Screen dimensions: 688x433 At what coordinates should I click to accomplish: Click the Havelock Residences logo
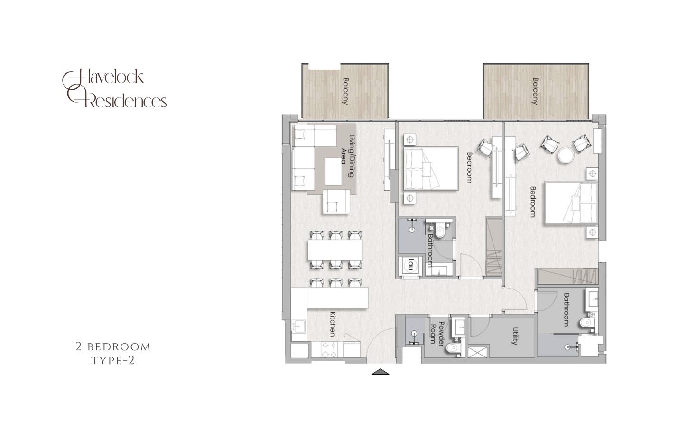point(114,89)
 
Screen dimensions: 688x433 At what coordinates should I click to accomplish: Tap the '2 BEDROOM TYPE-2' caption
point(113,353)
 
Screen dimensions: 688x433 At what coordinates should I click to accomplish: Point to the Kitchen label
point(332,324)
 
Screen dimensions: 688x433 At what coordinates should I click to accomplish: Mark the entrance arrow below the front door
point(380,372)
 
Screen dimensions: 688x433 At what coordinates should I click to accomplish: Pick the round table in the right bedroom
point(566,155)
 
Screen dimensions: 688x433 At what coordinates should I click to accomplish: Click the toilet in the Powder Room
point(453,348)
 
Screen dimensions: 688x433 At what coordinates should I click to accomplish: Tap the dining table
point(335,250)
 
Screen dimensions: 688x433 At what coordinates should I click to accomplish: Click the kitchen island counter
point(337,298)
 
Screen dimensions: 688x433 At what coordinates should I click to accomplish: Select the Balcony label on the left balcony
point(345,91)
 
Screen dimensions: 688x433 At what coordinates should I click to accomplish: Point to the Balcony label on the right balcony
point(535,91)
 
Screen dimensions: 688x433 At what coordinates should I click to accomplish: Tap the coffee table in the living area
point(334,172)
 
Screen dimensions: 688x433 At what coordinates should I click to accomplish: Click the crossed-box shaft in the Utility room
point(478,352)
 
